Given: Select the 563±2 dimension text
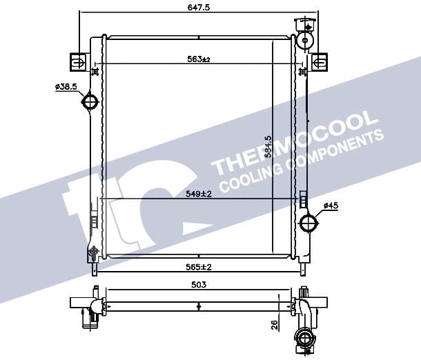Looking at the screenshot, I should (x=198, y=59).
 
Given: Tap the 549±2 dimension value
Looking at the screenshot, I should (x=198, y=194).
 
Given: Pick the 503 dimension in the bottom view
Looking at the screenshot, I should (x=198, y=284).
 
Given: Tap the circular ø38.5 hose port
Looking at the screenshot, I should (x=90, y=103).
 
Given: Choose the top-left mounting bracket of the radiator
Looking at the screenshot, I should (x=79, y=63).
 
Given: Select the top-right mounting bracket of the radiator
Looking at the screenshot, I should (x=318, y=62).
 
